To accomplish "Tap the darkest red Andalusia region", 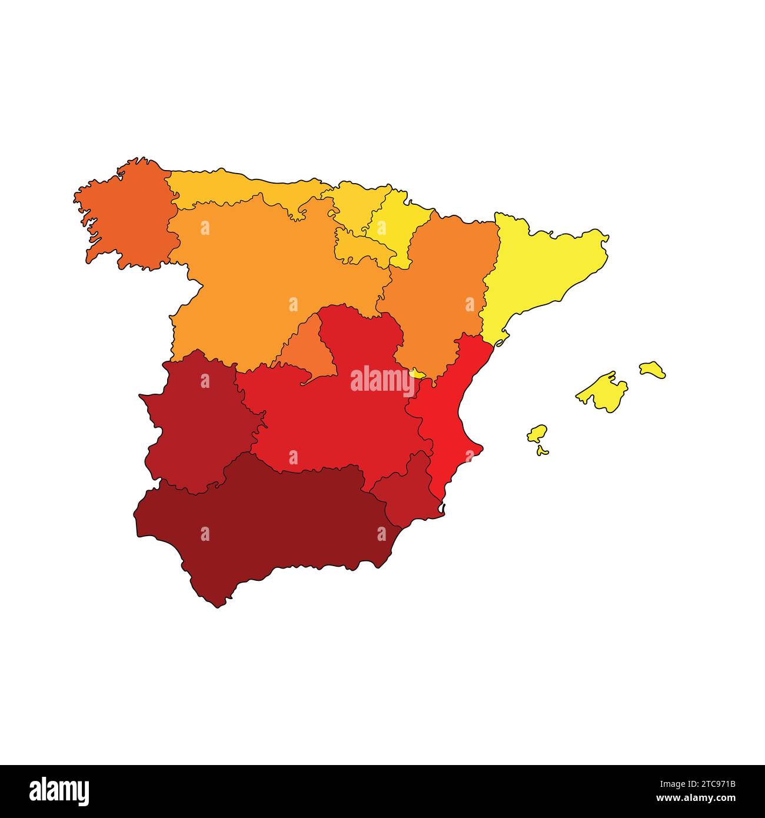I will [x=265, y=524].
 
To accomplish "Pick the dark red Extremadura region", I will [x=194, y=424].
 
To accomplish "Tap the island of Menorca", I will [x=653, y=370].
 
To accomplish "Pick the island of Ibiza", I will [x=536, y=434].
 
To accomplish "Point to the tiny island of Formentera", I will [x=542, y=451].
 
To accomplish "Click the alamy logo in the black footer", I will [x=59, y=791].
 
